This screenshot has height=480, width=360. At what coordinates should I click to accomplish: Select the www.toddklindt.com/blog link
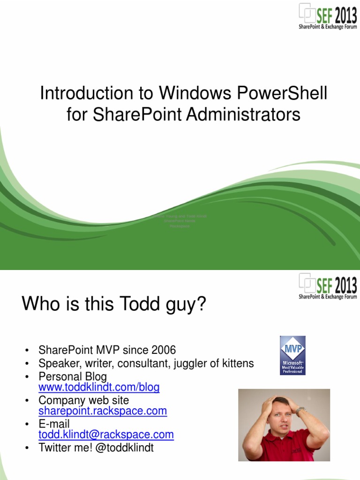(x=99, y=388)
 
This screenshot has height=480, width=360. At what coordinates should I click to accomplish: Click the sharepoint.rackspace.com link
(x=103, y=411)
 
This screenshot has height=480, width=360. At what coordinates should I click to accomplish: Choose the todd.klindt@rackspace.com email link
(x=106, y=435)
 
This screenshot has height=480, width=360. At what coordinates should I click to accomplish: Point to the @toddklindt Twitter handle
(x=121, y=448)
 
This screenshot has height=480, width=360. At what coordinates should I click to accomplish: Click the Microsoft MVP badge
(x=292, y=355)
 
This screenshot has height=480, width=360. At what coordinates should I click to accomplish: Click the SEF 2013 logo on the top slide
(x=328, y=16)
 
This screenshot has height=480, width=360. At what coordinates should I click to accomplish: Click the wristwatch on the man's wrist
(x=300, y=411)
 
